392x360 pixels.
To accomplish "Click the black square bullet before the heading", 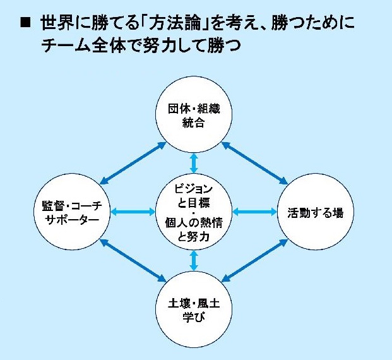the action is (25, 22).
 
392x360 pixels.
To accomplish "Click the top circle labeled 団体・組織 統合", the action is (194, 114).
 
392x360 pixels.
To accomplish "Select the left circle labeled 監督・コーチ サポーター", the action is (72, 212).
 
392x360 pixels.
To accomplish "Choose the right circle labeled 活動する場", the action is (316, 212).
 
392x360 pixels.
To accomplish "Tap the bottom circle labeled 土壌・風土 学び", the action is (194, 309).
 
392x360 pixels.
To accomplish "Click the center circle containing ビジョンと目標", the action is (194, 212).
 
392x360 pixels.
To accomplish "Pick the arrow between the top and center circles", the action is (194, 163).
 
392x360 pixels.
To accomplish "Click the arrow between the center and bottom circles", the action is (194, 260).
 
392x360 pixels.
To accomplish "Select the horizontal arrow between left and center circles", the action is (133, 212).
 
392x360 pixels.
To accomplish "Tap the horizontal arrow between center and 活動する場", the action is (255, 212).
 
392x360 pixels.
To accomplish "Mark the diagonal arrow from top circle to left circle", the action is (133, 163).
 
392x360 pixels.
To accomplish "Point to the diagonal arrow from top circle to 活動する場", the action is (255, 163).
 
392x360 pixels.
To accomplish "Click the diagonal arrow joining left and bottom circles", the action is (133, 260).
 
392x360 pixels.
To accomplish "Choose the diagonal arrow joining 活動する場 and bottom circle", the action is (255, 260).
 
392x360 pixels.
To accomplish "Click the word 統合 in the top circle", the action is (194, 123).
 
